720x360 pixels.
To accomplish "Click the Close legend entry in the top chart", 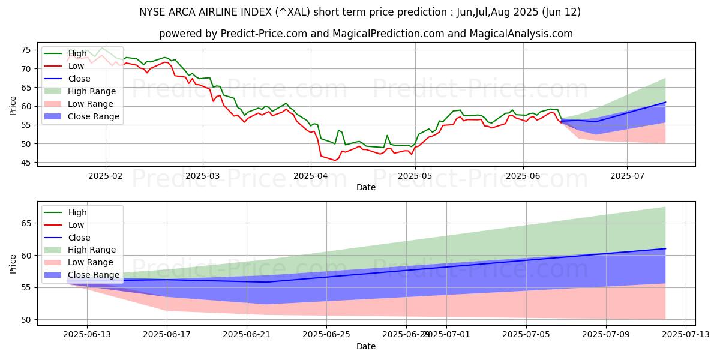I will click(x=79, y=79).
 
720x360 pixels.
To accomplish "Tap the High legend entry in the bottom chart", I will click(x=77, y=212).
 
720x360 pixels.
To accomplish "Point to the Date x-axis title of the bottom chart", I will click(x=366, y=346).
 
